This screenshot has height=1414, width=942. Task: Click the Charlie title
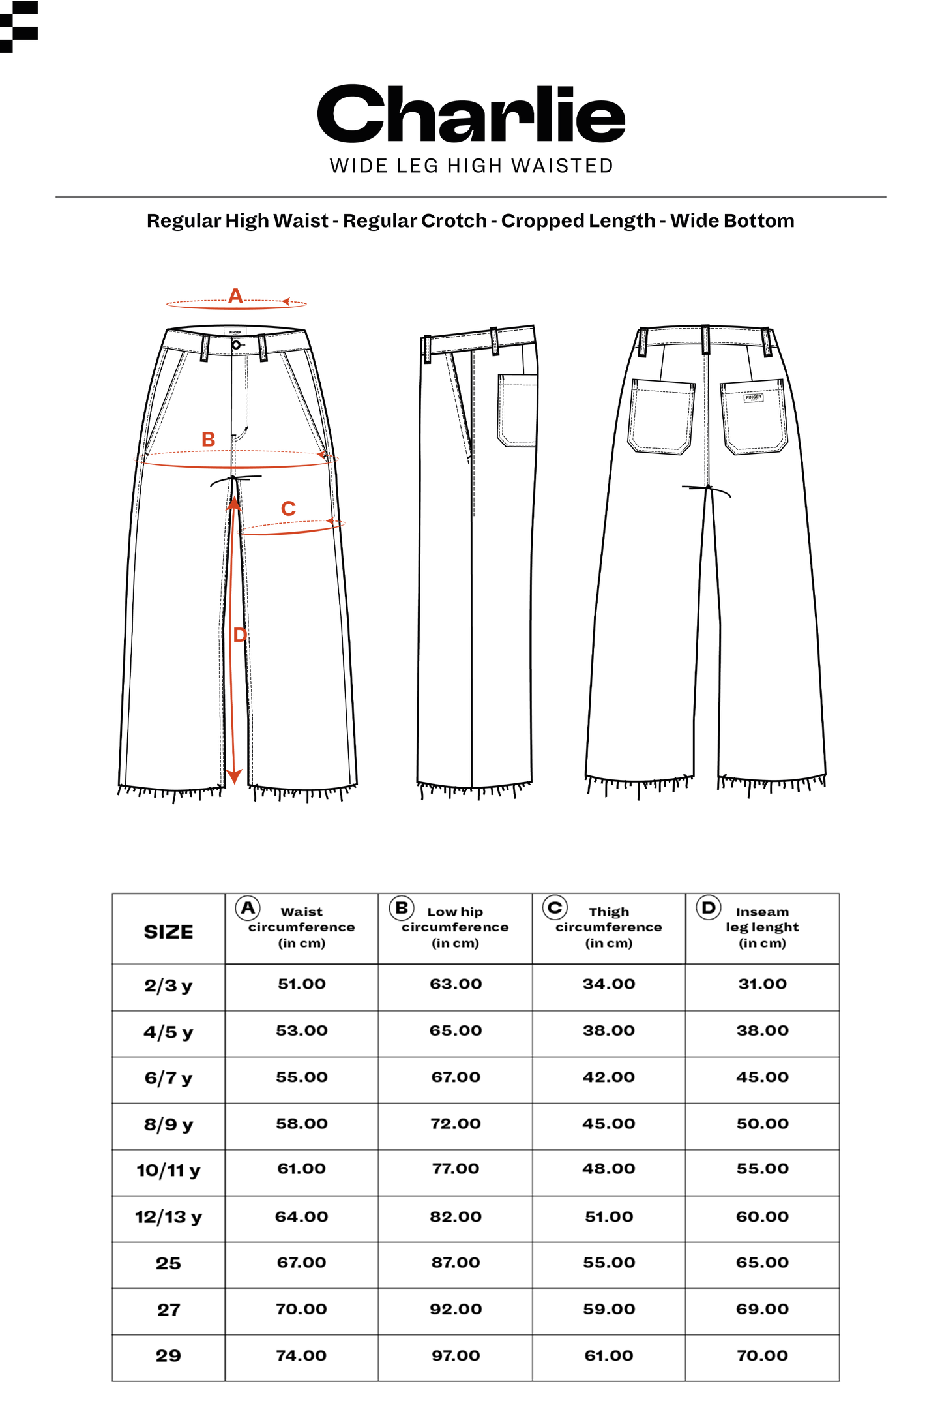[471, 114]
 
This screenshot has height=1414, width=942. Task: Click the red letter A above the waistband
[235, 296]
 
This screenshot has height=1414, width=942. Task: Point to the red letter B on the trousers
[208, 440]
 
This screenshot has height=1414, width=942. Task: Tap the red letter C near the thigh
[288, 508]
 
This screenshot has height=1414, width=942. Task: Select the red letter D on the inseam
[240, 635]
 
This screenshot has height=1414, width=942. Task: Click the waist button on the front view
[236, 344]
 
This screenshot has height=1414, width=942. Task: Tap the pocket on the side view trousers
[518, 410]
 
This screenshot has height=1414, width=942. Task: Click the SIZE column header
[168, 932]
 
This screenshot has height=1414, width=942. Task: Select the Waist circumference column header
[301, 927]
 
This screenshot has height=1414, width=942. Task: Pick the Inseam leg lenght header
[762, 927]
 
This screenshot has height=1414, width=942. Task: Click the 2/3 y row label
[168, 985]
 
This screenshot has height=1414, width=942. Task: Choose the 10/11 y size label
[168, 1170]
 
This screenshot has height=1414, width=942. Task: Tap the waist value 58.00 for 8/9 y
[301, 1124]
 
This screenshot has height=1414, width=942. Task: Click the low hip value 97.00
[455, 1355]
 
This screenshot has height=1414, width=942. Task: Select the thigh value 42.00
[609, 1077]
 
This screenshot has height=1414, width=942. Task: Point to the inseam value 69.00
[762, 1308]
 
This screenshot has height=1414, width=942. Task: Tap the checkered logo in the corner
[19, 26]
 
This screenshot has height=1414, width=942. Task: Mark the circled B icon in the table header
[402, 908]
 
